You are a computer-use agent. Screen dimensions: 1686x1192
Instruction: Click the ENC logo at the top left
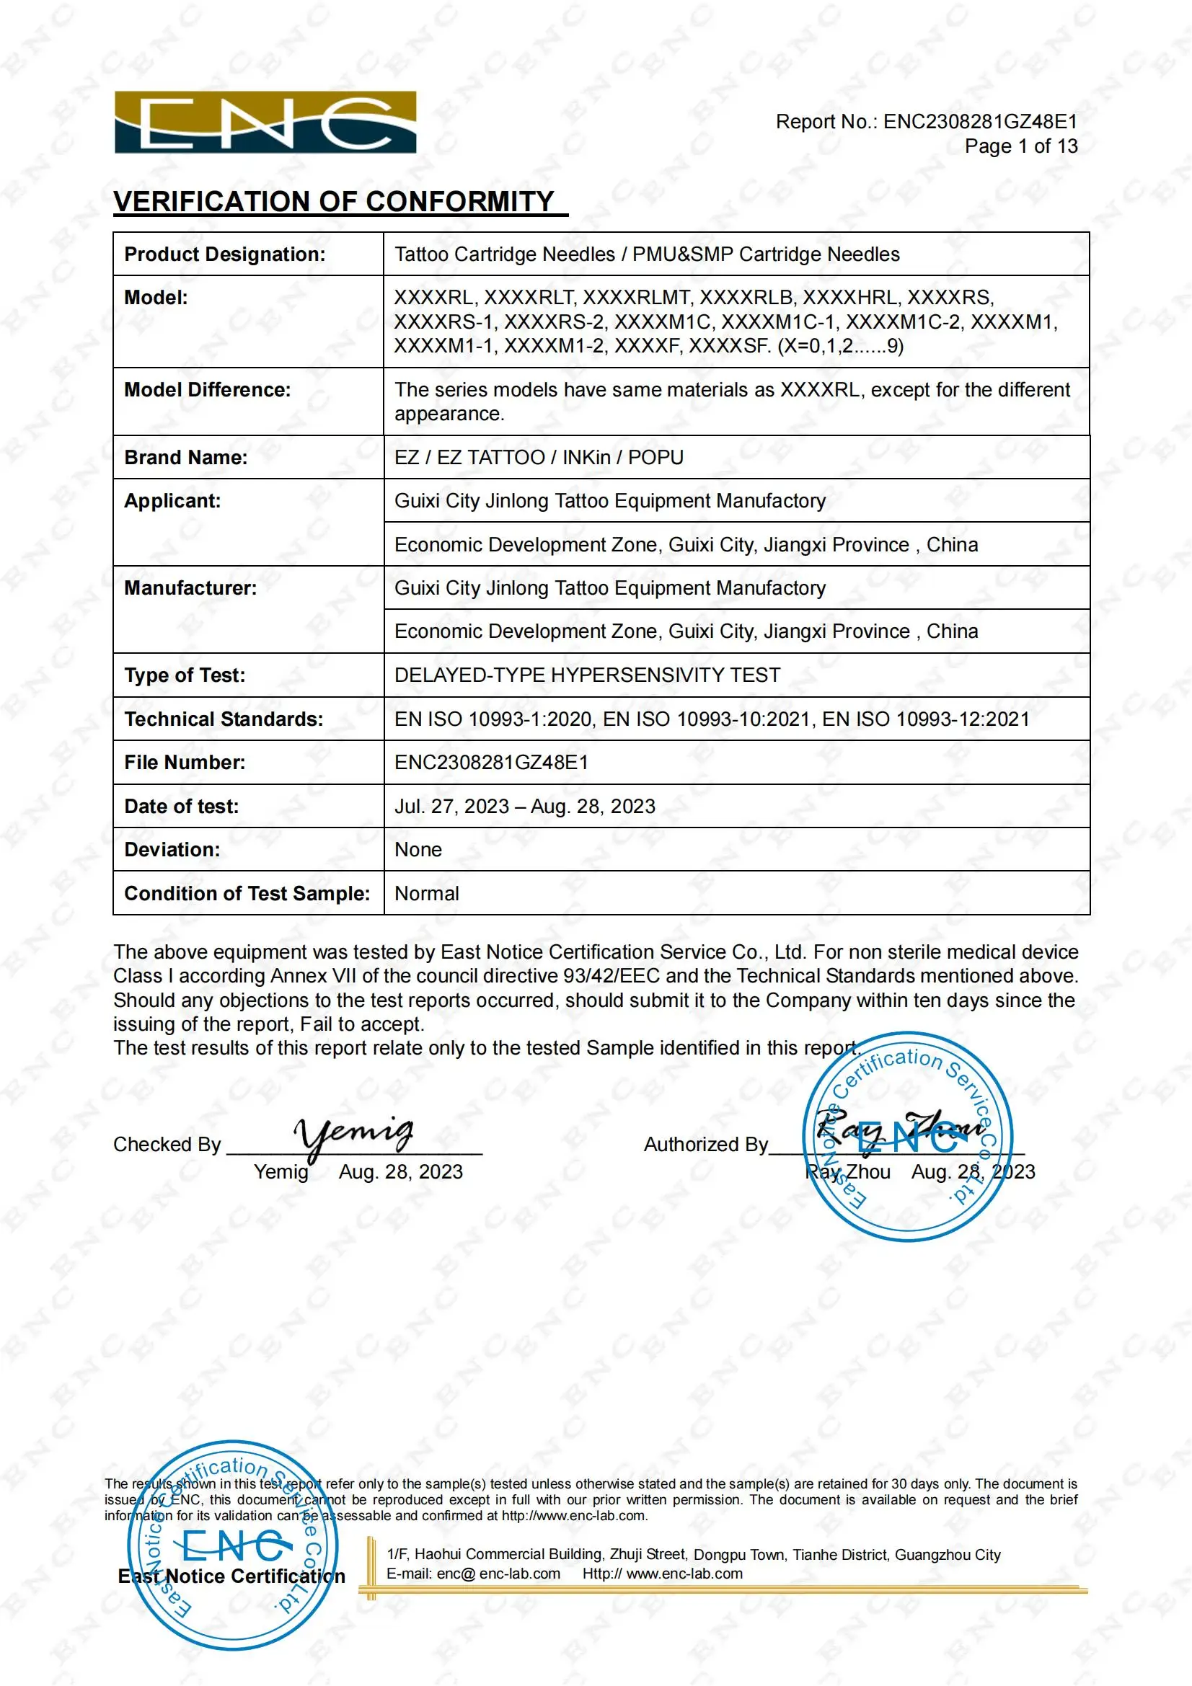(x=265, y=122)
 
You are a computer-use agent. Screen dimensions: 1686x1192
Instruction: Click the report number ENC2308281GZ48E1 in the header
(x=980, y=122)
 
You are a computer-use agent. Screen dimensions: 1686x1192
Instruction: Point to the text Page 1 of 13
(x=1020, y=146)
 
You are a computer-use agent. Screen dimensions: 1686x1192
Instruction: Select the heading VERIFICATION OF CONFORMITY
(x=334, y=201)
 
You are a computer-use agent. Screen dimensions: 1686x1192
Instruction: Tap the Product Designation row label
(x=224, y=254)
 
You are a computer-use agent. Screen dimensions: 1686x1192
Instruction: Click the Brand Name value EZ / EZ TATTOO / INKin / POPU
(x=539, y=458)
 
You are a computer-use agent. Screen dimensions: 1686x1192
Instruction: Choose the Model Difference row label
(x=207, y=390)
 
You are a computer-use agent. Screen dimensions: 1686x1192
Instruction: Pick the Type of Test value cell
(x=587, y=675)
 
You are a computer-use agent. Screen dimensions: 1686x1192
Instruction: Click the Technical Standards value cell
(x=711, y=719)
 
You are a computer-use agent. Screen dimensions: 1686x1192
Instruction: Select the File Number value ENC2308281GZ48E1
(x=490, y=762)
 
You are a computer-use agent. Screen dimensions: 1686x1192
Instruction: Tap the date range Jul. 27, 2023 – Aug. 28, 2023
(x=524, y=807)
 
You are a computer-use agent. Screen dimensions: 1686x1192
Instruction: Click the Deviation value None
(x=418, y=850)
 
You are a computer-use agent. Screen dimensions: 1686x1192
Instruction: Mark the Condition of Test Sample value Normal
(x=426, y=894)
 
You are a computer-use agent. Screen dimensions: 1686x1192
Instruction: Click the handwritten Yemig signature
(x=353, y=1135)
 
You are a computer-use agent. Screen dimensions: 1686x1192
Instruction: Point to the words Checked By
(x=167, y=1145)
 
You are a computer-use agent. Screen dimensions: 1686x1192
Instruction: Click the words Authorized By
(x=705, y=1145)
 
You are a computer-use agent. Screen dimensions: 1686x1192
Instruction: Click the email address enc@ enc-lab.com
(x=473, y=1574)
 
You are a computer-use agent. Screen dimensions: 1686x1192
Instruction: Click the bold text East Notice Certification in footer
(x=231, y=1576)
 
